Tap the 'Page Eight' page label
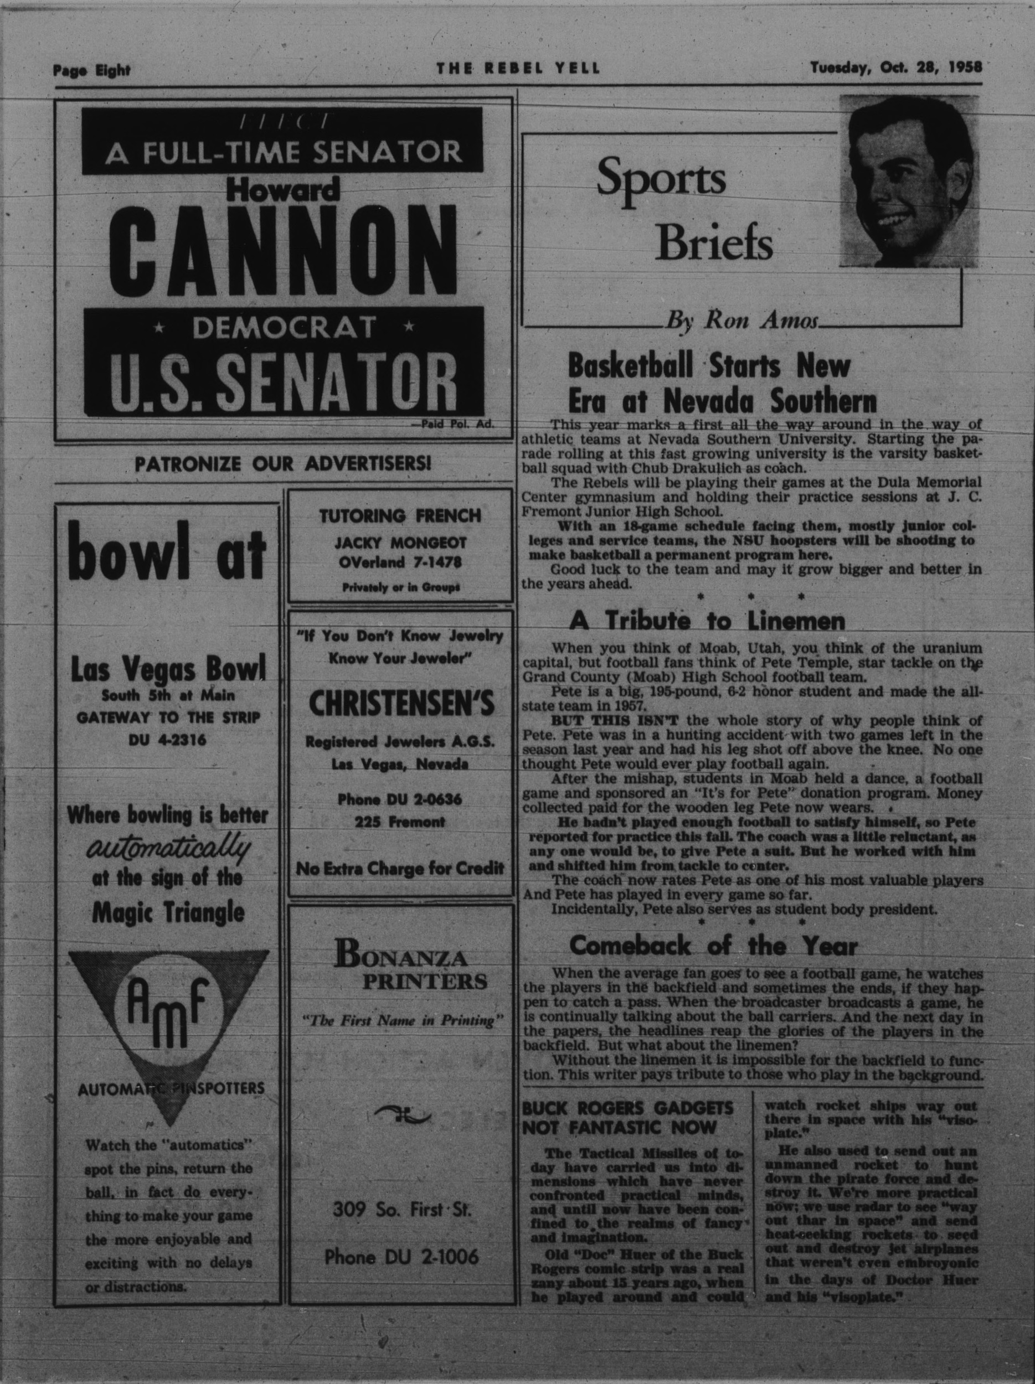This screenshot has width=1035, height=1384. click(91, 71)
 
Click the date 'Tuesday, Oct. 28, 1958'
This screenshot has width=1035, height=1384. click(895, 68)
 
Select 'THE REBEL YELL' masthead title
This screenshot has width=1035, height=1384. click(518, 69)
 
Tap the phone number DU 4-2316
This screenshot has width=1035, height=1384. click(167, 741)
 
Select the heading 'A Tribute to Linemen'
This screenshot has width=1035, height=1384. click(707, 621)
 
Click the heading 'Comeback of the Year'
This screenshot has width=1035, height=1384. click(713, 946)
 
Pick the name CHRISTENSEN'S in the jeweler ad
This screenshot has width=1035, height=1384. click(400, 704)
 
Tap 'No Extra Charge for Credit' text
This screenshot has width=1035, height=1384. click(400, 869)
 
